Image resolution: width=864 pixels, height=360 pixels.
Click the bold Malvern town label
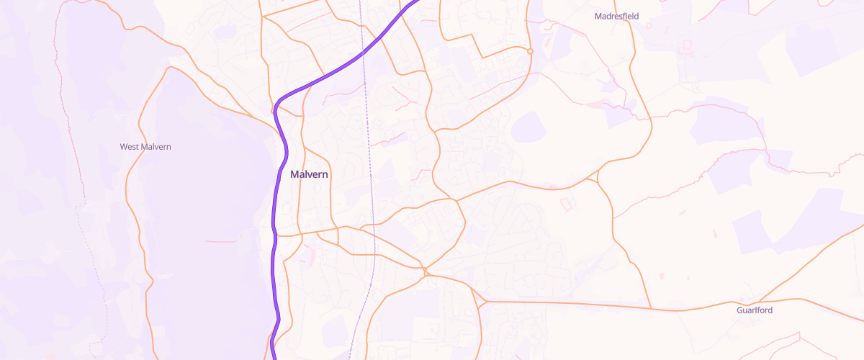point(309,174)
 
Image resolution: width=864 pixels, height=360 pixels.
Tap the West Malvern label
point(145,147)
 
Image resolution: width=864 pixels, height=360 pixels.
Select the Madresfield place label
point(616,16)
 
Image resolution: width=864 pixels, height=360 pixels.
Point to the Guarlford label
point(755,310)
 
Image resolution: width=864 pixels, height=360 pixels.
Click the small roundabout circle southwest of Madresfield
point(530,51)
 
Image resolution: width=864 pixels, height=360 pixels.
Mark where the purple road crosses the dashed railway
point(363,52)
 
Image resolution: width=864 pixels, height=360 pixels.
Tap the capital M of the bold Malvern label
point(294,174)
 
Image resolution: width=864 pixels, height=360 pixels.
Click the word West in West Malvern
point(129,147)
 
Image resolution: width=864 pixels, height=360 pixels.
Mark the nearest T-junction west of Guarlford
point(652,310)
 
